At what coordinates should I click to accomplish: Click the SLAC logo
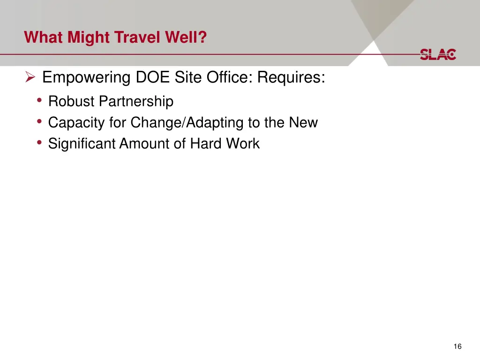pyautogui.click(x=437, y=54)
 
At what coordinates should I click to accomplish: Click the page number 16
pyautogui.click(x=457, y=346)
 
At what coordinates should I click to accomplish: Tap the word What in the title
pyautogui.click(x=44, y=37)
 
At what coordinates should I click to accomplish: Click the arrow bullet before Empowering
pyautogui.click(x=30, y=77)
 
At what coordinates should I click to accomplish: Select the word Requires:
pyautogui.click(x=291, y=77)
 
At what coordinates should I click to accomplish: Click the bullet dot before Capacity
pyautogui.click(x=40, y=122)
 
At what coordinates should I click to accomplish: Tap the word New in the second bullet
pyautogui.click(x=303, y=122)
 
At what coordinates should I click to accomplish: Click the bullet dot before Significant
pyautogui.click(x=40, y=143)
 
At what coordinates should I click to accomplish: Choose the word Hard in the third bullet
pyautogui.click(x=205, y=143)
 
